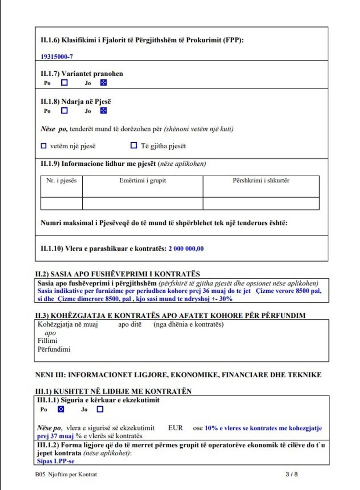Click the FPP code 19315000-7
coord(57,57)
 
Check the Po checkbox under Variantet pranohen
coord(64,83)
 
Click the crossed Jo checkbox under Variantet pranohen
coord(104,83)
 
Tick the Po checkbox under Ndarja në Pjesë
coord(64,111)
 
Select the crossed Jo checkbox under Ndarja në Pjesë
coord(104,111)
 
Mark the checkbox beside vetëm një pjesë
coord(44,146)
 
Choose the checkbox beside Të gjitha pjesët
coord(134,145)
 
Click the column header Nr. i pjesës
coord(61,180)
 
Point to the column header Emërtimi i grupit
coord(143,180)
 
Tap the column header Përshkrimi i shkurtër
coord(261,180)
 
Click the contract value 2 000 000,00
coord(186,249)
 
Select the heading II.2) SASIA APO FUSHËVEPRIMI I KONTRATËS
coord(118,274)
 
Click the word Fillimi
coord(47,341)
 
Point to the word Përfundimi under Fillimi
coord(54,349)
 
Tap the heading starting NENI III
coord(178,375)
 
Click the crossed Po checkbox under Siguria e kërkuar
coord(61,409)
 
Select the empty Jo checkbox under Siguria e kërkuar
coord(100,409)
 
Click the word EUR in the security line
coord(175,428)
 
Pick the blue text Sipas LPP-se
coord(55,461)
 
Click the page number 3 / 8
coord(291,474)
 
